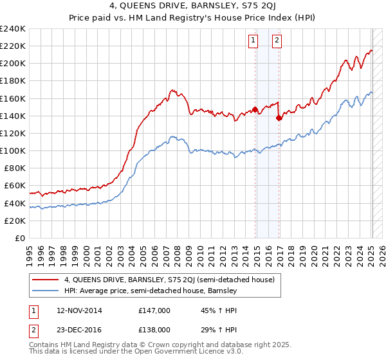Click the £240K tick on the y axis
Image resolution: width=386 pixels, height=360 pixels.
pyautogui.click(x=13, y=29)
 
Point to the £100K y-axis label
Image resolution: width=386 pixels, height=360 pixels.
pyautogui.click(x=13, y=150)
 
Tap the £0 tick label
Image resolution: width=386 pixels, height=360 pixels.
pyautogui.click(x=21, y=238)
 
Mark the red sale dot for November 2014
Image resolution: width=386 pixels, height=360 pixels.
pyautogui.click(x=255, y=109)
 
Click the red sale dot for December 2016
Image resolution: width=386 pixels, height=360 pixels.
pyautogui.click(x=279, y=118)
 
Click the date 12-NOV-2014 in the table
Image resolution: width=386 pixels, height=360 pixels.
pyautogui.click(x=83, y=310)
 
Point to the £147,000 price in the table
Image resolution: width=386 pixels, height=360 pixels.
pyautogui.click(x=154, y=310)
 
